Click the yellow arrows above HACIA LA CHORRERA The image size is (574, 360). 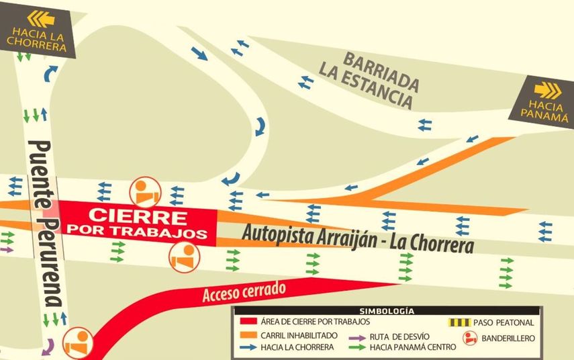tap(41, 18)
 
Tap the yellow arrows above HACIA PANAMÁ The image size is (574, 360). tap(547, 90)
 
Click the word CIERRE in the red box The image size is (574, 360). tap(138, 216)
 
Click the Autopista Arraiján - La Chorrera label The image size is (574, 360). tap(357, 238)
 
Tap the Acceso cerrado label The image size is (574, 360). tap(244, 291)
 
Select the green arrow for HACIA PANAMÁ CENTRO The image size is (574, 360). tap(356, 347)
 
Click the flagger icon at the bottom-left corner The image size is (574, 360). tap(79, 343)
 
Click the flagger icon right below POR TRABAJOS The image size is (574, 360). tap(183, 257)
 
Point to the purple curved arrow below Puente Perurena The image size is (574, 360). tap(47, 347)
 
